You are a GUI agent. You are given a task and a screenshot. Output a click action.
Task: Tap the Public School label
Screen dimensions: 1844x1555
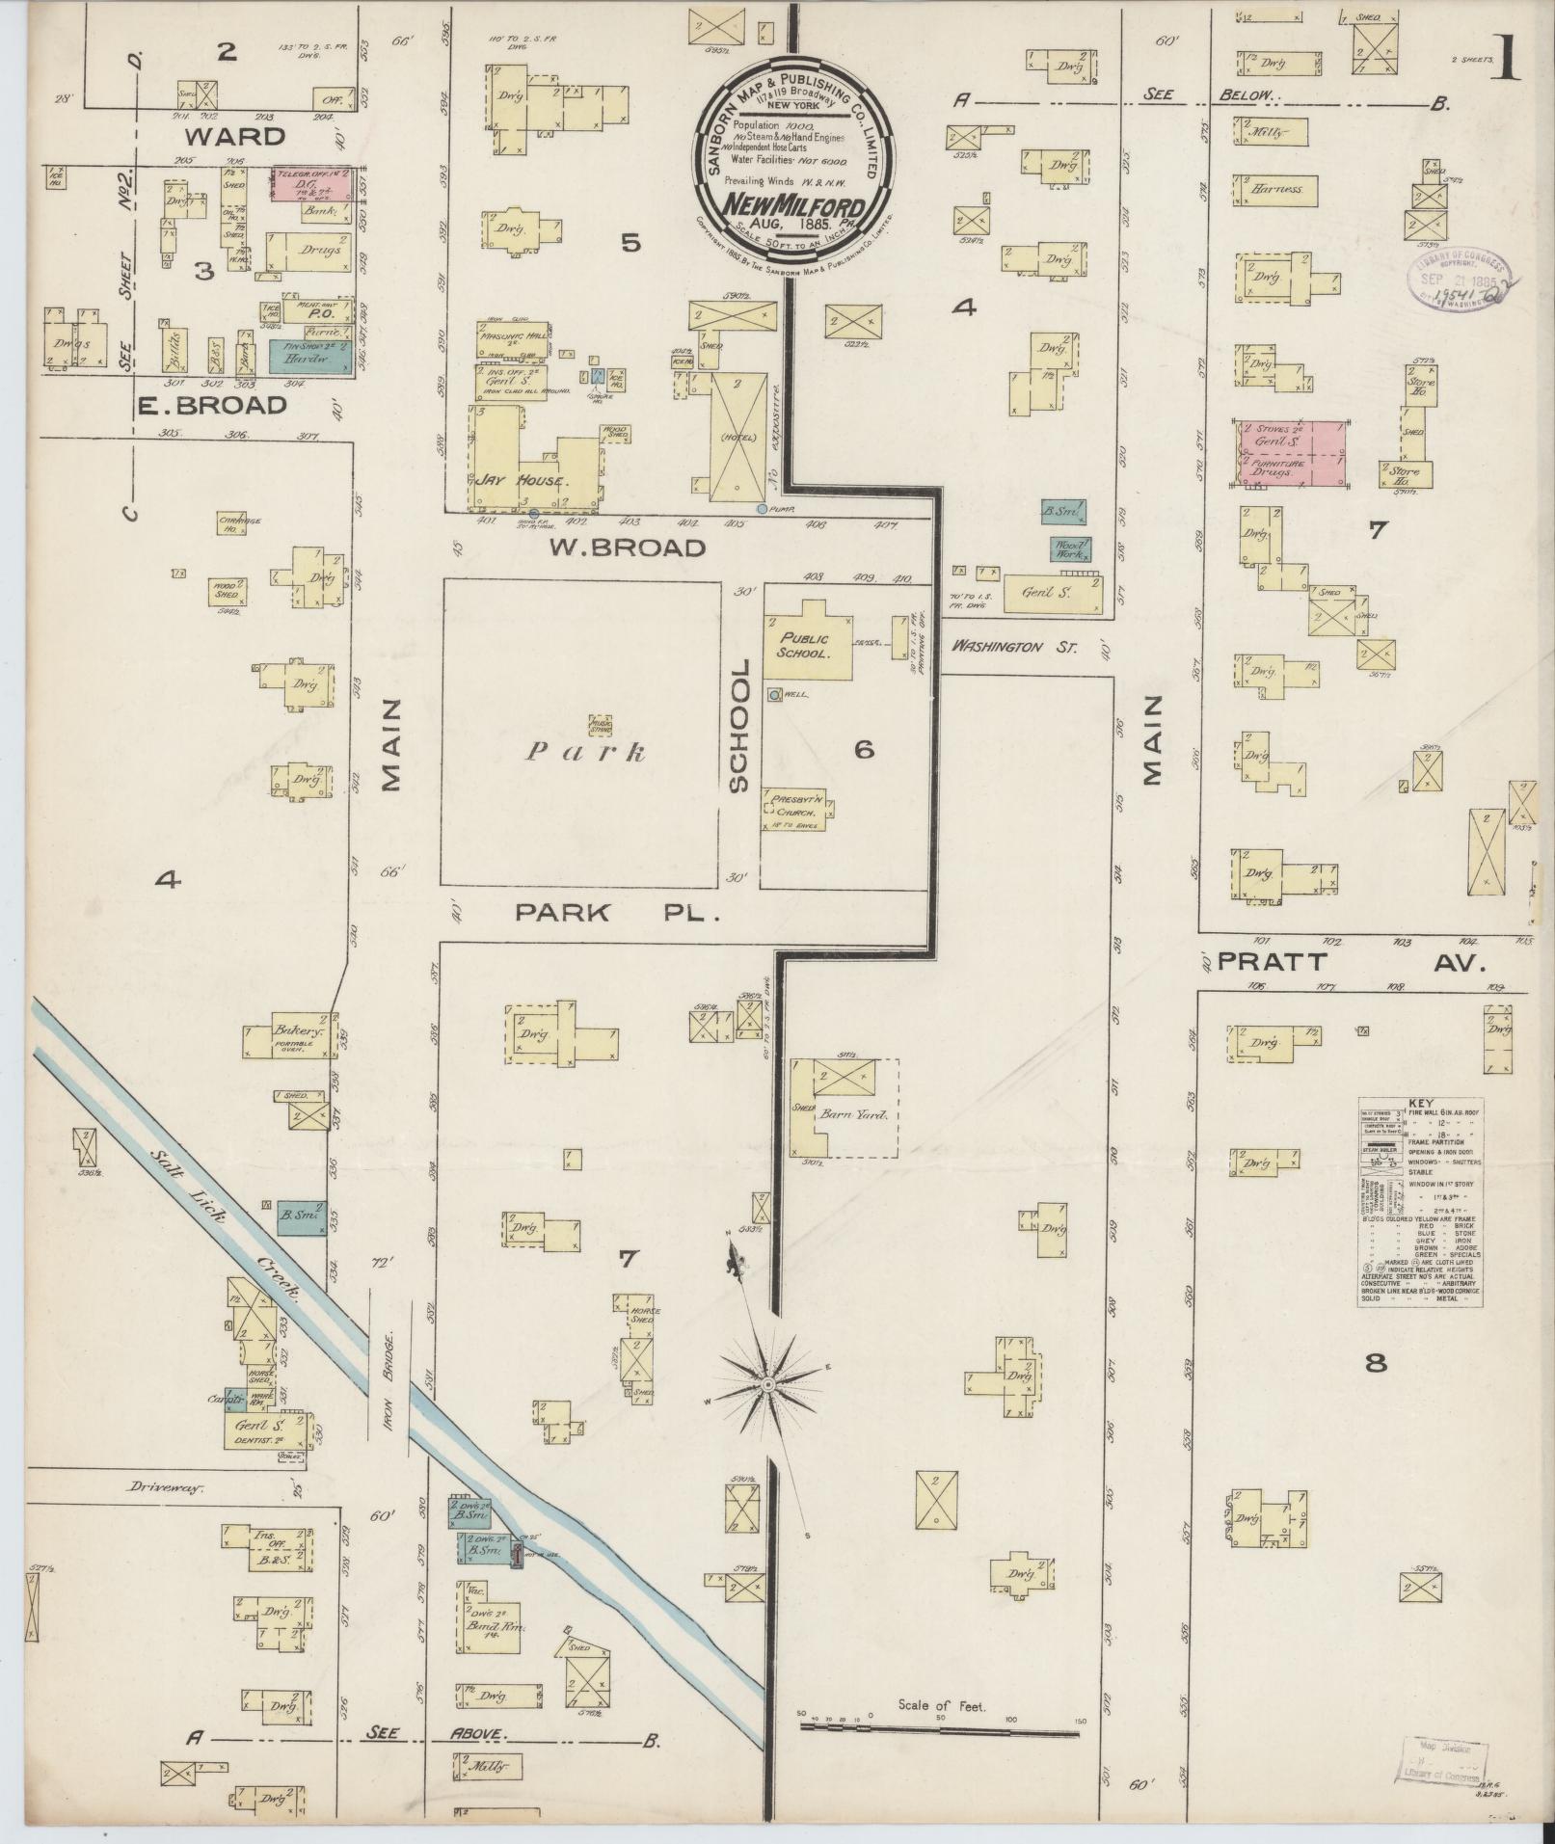(x=797, y=645)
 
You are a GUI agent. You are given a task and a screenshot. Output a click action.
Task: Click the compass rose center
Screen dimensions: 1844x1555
(x=767, y=1385)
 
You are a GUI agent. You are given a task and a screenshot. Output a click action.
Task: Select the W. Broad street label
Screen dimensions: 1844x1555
(x=628, y=548)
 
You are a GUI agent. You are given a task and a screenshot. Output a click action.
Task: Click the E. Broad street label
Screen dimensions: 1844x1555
(x=211, y=406)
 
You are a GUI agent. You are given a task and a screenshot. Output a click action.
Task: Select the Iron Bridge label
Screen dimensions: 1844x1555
(x=392, y=1364)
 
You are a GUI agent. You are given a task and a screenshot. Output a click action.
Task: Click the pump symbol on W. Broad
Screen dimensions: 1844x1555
(x=763, y=508)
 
